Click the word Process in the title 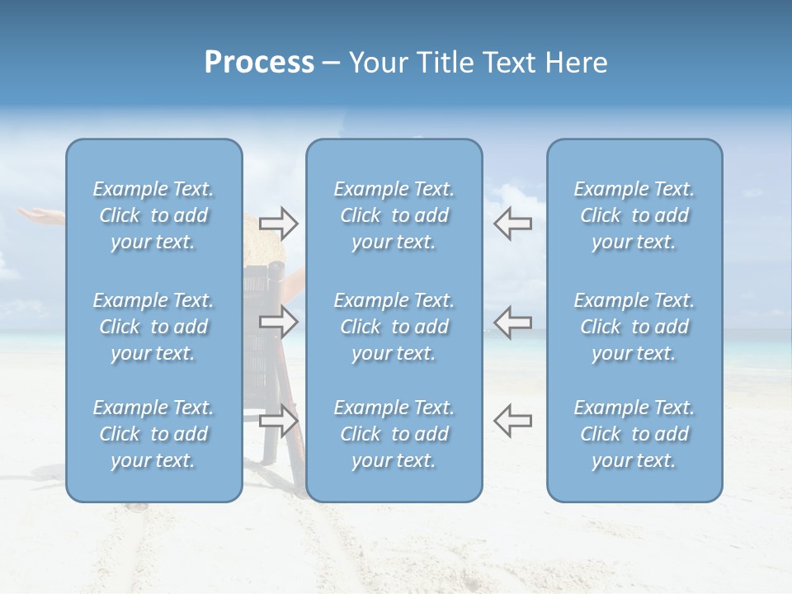[x=259, y=63]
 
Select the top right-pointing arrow [x=278, y=224]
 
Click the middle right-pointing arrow [x=278, y=322]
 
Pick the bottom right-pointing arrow [x=278, y=420]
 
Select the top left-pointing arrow [x=512, y=224]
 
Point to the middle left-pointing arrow [x=512, y=322]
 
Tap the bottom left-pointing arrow [x=512, y=420]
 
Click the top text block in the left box [x=153, y=215]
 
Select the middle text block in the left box [x=153, y=327]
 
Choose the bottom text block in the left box [x=153, y=434]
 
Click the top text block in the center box [x=394, y=215]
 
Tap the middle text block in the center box [x=394, y=327]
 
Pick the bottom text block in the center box [x=394, y=434]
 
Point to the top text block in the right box [x=634, y=215]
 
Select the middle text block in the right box [x=634, y=327]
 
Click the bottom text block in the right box [x=634, y=434]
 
